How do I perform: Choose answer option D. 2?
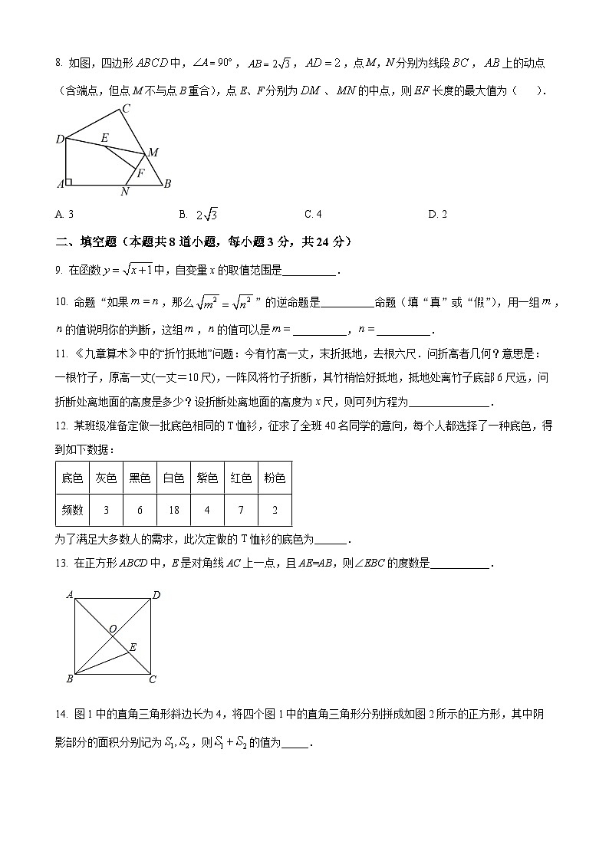click(x=437, y=214)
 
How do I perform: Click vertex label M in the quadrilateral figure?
click(x=153, y=153)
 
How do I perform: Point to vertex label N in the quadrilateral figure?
click(x=125, y=192)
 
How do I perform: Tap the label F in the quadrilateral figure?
click(x=140, y=173)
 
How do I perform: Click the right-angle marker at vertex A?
click(x=69, y=182)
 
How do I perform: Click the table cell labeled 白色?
click(x=173, y=478)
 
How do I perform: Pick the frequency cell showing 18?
click(x=173, y=510)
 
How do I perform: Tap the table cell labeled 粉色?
click(x=275, y=478)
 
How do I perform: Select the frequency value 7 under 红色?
click(x=241, y=510)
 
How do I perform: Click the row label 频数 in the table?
click(x=72, y=510)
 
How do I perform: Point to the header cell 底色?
click(x=72, y=478)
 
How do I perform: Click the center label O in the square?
click(x=112, y=629)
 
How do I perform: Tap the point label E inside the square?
click(x=133, y=648)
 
